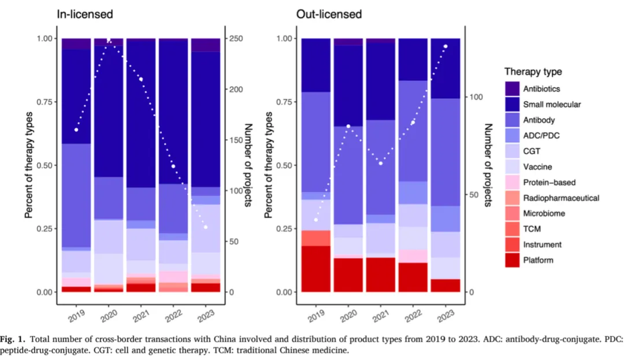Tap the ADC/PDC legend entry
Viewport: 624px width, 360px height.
(541, 136)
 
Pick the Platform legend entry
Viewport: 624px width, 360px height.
(538, 260)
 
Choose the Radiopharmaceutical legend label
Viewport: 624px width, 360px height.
(561, 198)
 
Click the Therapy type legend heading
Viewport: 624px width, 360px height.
(533, 72)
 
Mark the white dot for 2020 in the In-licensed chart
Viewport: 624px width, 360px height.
(108, 40)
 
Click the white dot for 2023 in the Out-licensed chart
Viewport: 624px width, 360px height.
(445, 46)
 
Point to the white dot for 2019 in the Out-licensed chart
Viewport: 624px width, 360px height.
(316, 220)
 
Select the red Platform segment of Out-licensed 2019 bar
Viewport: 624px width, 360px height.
(316, 269)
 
